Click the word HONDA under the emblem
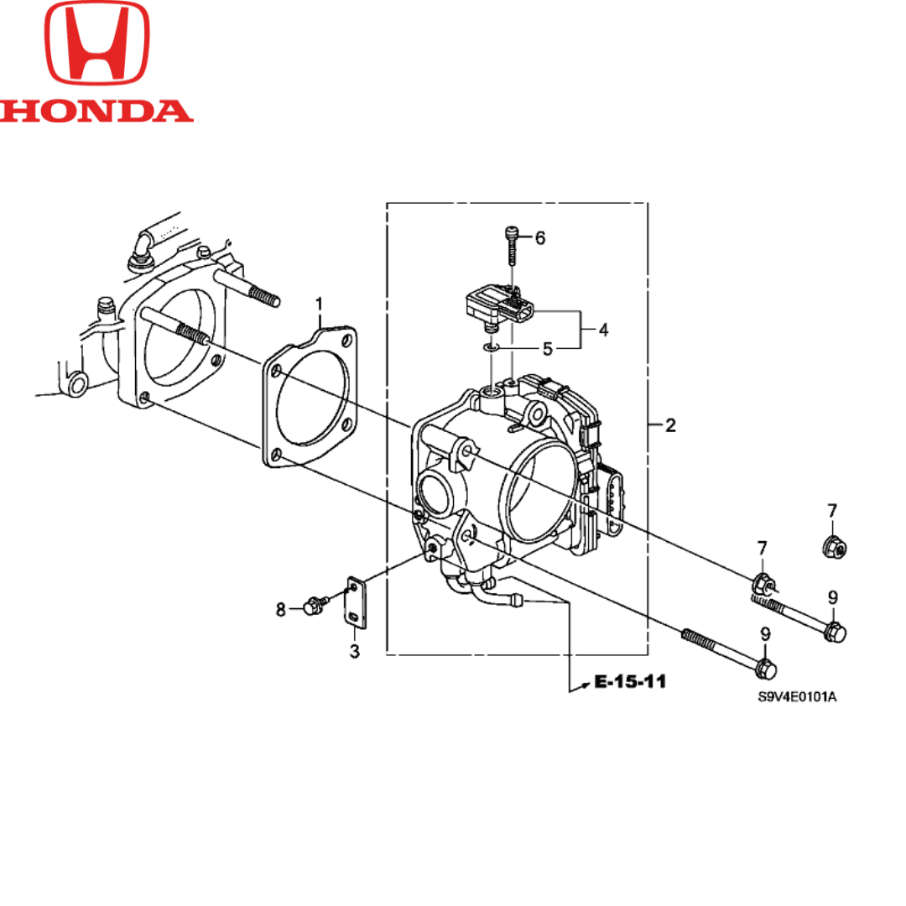point(96,111)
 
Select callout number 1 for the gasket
point(319,302)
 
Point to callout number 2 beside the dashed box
point(669,426)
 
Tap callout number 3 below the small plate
point(354,652)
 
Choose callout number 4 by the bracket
point(603,331)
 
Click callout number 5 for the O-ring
point(547,349)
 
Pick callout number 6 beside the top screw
point(539,238)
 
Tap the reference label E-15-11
point(630,682)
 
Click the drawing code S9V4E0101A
point(797,697)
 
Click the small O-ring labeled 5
point(492,346)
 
